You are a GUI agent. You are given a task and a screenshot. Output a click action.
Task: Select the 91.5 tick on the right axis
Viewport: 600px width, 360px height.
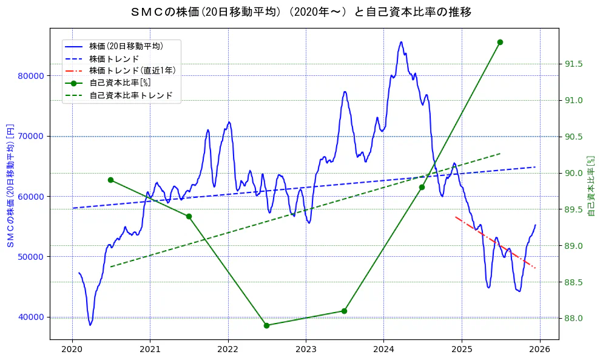click(575, 64)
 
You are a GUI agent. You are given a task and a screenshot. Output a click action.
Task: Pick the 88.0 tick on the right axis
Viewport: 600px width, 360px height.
click(575, 318)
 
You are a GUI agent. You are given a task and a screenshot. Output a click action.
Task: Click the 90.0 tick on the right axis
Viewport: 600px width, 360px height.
click(575, 173)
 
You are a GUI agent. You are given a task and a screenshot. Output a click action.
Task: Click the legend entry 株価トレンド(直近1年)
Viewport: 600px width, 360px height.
click(132, 70)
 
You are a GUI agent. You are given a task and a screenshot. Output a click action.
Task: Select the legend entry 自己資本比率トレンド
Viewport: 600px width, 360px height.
click(130, 95)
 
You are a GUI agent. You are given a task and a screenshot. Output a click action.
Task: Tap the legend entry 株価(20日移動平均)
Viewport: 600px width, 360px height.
click(126, 46)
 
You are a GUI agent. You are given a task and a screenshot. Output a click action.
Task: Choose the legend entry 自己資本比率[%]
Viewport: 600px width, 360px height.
click(120, 83)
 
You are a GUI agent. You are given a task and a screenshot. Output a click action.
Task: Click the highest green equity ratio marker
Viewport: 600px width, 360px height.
click(500, 42)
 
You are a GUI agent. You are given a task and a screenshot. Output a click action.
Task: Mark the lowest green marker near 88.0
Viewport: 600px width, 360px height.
click(266, 325)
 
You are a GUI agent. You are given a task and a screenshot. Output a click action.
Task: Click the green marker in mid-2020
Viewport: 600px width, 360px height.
click(110, 180)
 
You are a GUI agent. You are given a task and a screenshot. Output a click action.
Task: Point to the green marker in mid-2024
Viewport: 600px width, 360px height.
click(422, 187)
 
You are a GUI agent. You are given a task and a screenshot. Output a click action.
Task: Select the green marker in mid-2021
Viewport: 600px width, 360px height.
click(189, 216)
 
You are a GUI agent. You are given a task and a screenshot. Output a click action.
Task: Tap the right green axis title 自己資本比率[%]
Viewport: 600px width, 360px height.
click(592, 185)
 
